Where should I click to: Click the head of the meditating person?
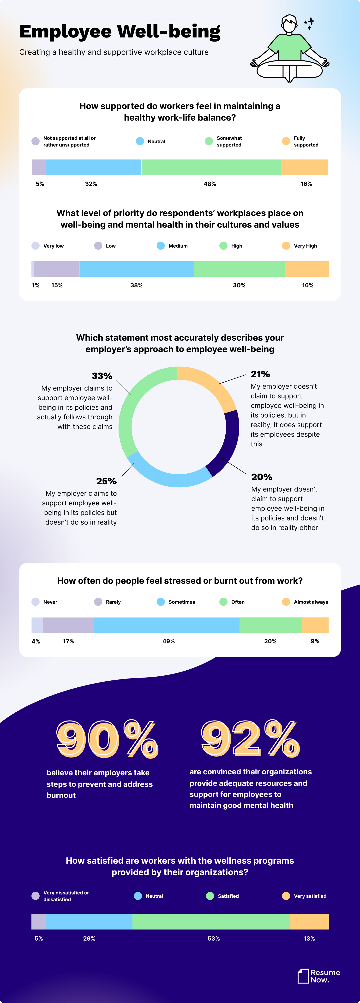point(289,24)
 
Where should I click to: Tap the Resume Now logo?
point(318,976)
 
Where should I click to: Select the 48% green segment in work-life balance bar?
point(211,167)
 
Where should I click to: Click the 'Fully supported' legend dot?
point(286,141)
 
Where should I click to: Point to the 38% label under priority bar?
point(136,285)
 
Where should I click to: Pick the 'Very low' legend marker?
point(36,246)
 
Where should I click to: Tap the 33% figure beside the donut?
point(102,376)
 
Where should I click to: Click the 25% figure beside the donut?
point(106,481)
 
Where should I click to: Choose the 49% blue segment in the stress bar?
point(167,625)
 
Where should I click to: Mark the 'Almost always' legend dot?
point(286,602)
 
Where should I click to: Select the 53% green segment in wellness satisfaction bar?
point(211,922)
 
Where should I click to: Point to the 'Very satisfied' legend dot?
point(286,896)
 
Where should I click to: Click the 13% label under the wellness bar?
point(309,939)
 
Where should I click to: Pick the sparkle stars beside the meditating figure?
point(309,23)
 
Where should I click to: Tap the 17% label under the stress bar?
point(68,641)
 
